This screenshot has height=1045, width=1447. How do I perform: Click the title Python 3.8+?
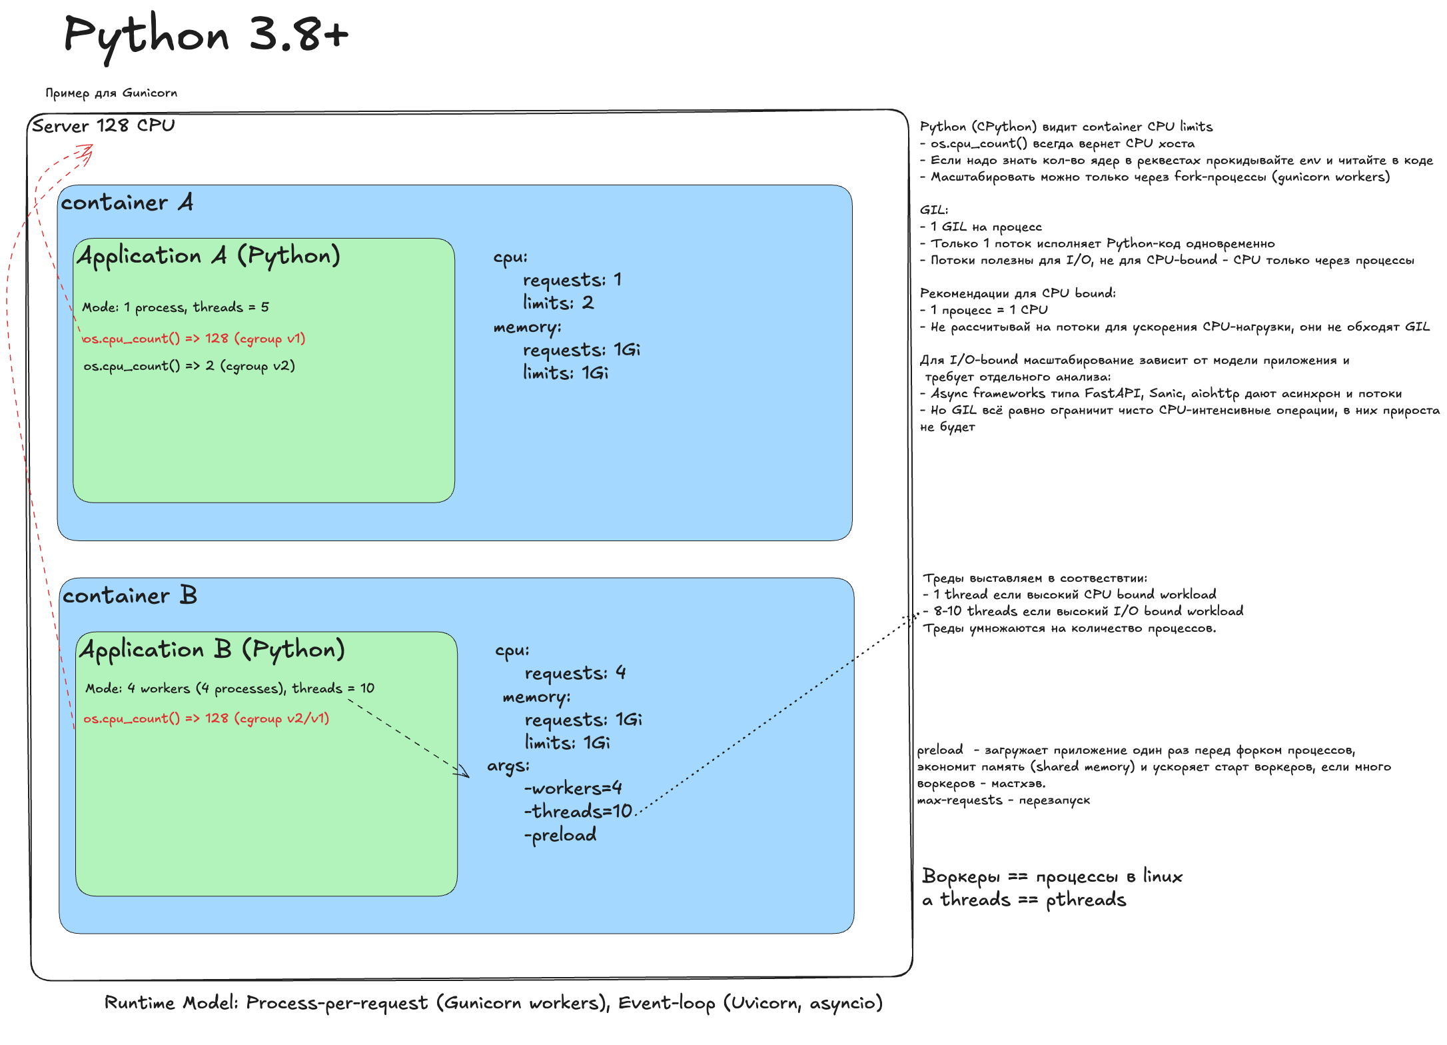206,36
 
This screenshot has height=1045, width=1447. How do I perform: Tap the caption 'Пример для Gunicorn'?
111,93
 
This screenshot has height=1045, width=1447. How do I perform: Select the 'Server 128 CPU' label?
103,125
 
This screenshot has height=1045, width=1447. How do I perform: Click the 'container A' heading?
127,202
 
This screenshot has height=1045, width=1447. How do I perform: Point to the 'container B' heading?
130,594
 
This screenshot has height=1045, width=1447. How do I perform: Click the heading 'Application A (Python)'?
209,256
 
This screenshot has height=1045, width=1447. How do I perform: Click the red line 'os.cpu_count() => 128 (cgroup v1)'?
194,339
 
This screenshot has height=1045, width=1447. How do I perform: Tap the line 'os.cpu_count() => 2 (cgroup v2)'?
189,366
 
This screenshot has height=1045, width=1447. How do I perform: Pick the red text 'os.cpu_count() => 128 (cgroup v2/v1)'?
207,718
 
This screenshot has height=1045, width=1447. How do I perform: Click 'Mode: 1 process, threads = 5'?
176,307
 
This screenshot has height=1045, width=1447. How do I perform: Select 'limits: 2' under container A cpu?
558,303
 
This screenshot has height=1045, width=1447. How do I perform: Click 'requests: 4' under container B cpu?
576,673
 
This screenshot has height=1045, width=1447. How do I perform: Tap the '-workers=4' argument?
573,788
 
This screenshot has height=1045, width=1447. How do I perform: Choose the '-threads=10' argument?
578,811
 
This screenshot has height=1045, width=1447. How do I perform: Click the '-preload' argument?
560,835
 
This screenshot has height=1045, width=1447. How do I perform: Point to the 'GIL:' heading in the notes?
934,210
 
